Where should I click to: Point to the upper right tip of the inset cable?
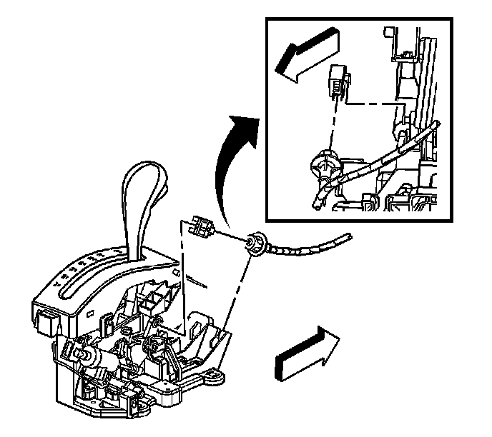point(436,125)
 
